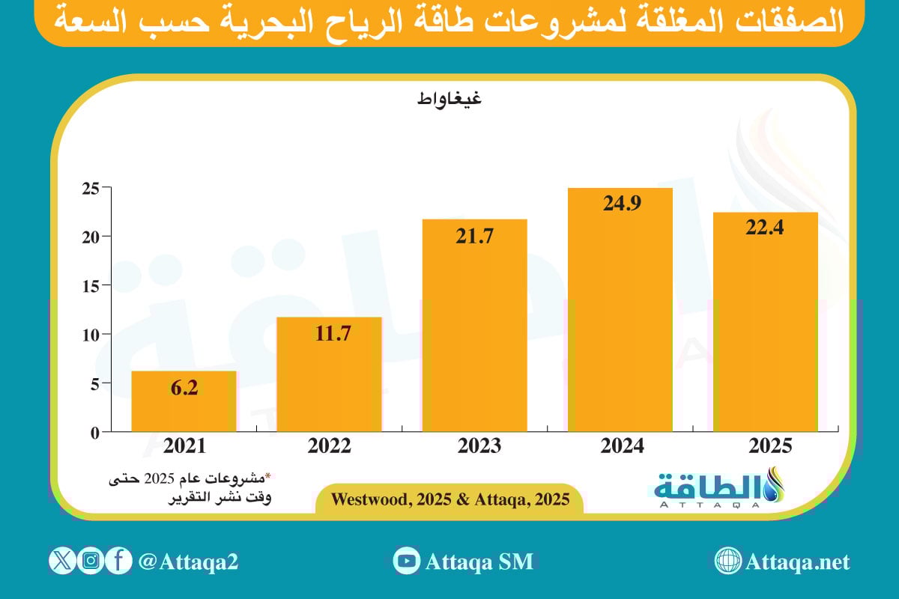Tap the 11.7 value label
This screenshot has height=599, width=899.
(329, 334)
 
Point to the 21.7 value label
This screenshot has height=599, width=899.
(474, 236)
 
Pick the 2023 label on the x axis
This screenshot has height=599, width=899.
(474, 447)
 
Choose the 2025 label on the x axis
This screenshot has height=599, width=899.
(765, 447)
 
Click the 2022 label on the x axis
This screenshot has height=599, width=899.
(329, 447)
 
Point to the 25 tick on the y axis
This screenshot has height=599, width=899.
(91, 188)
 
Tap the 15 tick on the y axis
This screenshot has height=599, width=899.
(91, 285)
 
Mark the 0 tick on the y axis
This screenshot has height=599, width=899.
(94, 432)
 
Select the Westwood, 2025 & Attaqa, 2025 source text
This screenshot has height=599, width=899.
(449, 499)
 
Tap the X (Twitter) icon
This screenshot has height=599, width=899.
(63, 561)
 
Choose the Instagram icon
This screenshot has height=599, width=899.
(91, 561)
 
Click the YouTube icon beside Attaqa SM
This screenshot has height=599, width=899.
(407, 561)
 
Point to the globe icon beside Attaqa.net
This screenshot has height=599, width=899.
(727, 561)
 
